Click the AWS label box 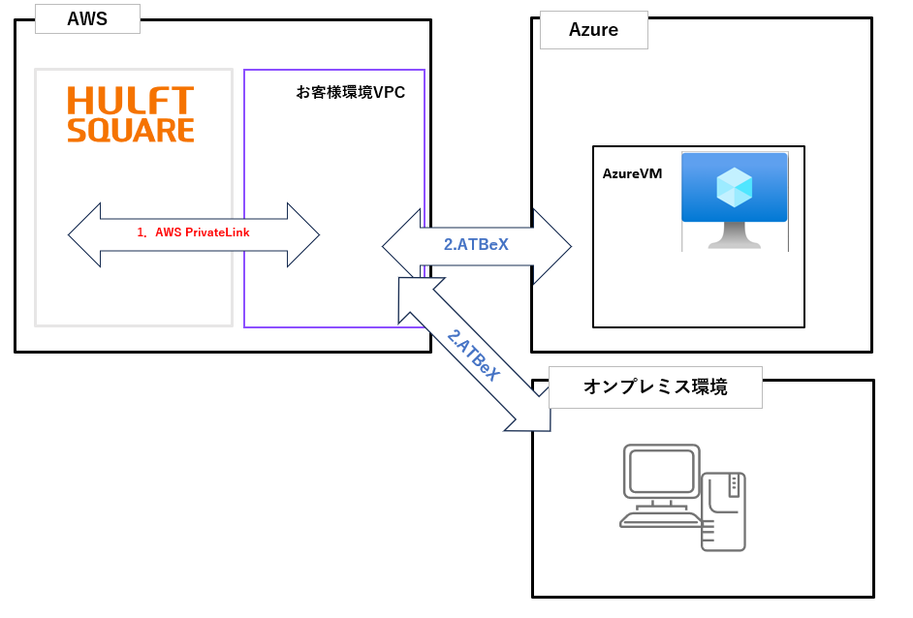[x=87, y=19]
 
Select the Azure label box [x=593, y=30]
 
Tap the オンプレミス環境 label [x=655, y=387]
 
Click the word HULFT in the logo [x=131, y=101]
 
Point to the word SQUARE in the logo [x=131, y=130]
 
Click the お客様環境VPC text [x=351, y=93]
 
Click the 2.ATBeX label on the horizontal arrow [x=476, y=245]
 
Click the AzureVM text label [x=632, y=174]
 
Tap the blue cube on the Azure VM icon [x=734, y=186]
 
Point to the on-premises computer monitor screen [x=662, y=472]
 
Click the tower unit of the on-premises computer [x=723, y=511]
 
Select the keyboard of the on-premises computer [x=659, y=519]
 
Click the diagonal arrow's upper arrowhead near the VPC [x=416, y=296]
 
